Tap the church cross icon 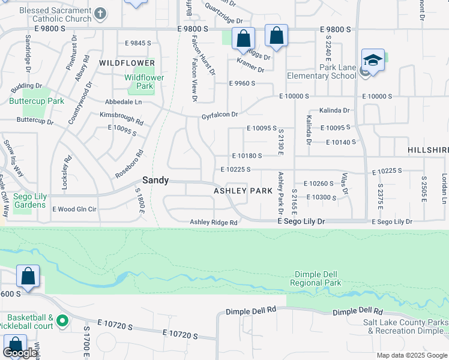(101, 13)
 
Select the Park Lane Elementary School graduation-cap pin (373, 60)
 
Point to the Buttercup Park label (37, 101)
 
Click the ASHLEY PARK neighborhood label (243, 191)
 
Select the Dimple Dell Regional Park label (315, 278)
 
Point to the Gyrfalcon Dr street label (220, 115)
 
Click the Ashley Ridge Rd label (214, 223)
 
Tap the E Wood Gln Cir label (74, 209)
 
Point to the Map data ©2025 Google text (411, 355)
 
